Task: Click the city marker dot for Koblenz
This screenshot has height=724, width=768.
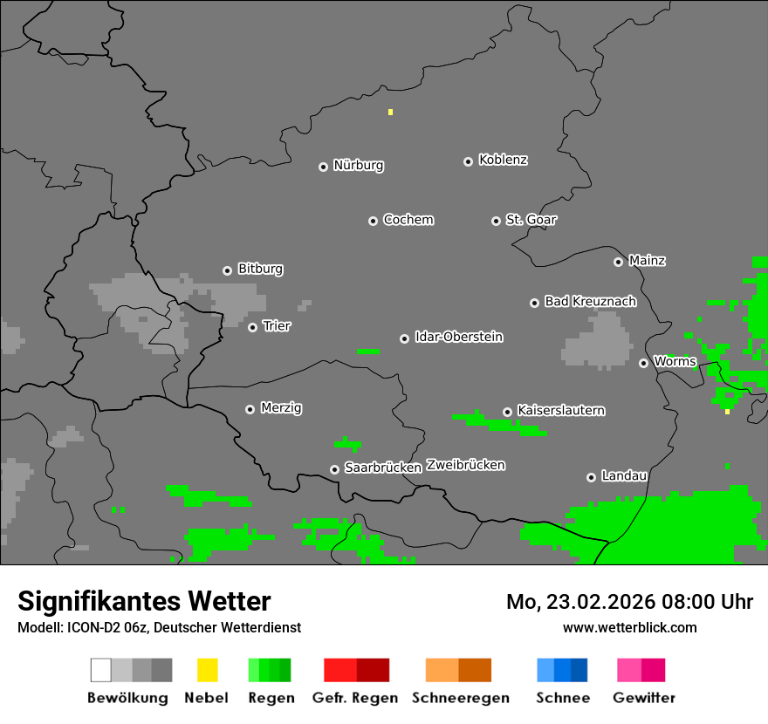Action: [468, 161]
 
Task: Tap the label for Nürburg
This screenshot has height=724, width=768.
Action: [359, 165]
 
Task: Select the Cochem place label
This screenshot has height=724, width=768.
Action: [408, 220]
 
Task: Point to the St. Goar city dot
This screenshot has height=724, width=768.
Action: [496, 221]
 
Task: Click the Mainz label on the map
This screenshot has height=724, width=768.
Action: [648, 261]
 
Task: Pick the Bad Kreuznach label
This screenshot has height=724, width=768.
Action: [590, 302]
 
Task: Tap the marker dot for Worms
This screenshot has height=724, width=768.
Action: [643, 363]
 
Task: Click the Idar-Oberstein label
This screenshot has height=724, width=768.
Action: [459, 337]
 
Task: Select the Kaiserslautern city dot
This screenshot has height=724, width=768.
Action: [507, 412]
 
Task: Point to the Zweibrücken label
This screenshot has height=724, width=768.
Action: [465, 465]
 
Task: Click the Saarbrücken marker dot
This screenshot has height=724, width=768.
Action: [334, 469]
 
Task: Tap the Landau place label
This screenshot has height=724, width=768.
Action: [624, 476]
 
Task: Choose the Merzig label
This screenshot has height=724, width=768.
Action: [282, 408]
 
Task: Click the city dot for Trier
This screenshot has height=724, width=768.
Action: [252, 327]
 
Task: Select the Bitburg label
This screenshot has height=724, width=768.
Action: [260, 270]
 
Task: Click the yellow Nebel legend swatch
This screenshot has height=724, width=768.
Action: [207, 670]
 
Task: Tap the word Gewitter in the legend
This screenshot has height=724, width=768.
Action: [644, 698]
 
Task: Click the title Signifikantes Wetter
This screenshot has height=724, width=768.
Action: [144, 601]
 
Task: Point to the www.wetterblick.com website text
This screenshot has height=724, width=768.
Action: [630, 627]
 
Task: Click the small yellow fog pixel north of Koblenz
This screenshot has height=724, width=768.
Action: [390, 112]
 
